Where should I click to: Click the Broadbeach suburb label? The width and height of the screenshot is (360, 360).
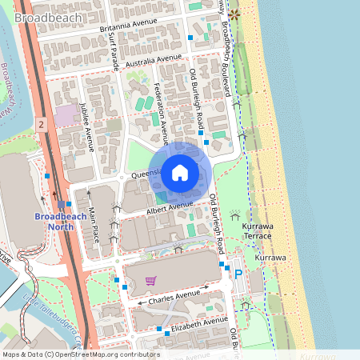[47, 17]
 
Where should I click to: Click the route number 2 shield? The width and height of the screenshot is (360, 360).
[40, 124]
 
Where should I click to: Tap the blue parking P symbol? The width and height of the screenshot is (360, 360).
[238, 274]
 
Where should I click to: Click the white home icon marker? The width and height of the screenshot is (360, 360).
[180, 173]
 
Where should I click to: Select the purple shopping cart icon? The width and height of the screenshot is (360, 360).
[150, 280]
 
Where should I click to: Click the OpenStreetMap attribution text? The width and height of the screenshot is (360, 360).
[79, 354]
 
